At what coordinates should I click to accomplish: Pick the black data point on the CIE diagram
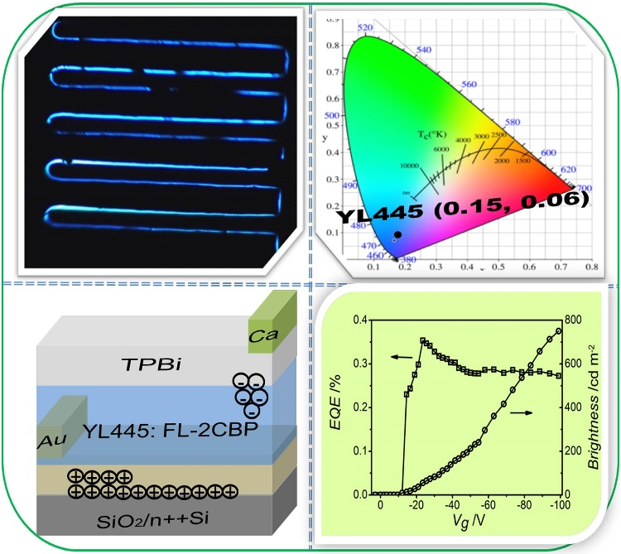pos(399,235)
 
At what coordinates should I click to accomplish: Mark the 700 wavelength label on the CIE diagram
pos(585,190)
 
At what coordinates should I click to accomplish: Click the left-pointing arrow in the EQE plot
pos(402,357)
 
